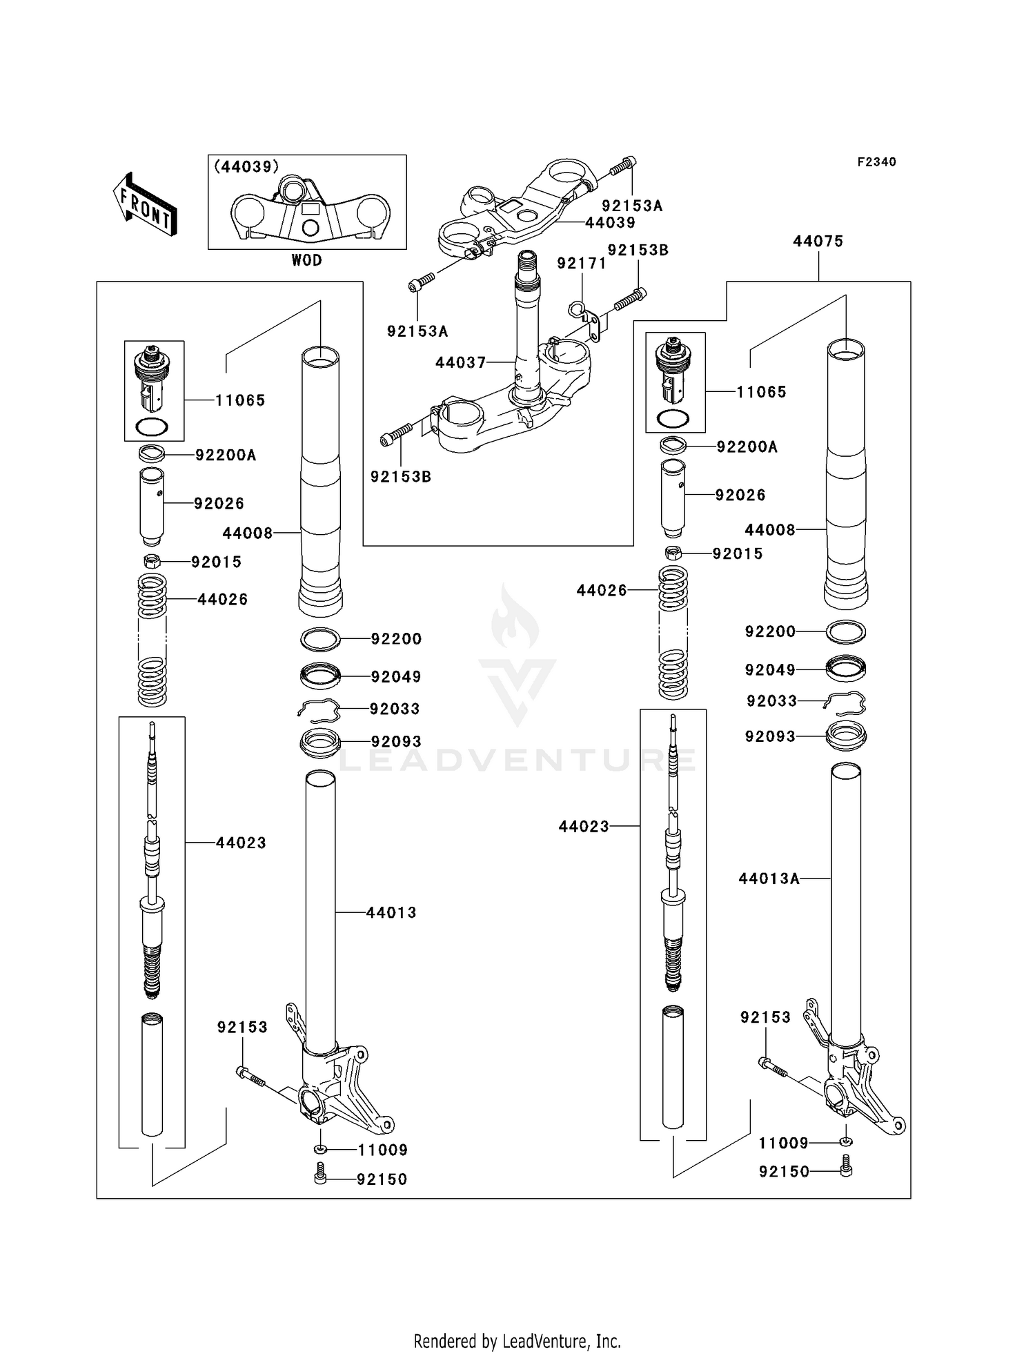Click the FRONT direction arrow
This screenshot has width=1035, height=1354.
click(x=146, y=206)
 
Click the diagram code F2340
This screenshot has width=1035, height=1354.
click(x=876, y=162)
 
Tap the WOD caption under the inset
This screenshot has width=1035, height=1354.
click(x=306, y=260)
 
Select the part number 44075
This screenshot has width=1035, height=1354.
click(x=818, y=242)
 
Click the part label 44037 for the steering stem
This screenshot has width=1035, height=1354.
click(x=460, y=363)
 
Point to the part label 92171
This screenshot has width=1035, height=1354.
click(x=582, y=264)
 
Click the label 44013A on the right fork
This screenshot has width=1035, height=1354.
click(x=769, y=879)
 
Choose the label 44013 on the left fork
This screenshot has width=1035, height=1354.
click(x=391, y=912)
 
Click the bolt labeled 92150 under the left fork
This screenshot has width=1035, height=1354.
click(x=320, y=1173)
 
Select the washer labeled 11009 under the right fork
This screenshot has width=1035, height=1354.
click(x=846, y=1142)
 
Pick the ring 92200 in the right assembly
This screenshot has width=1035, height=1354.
click(x=846, y=631)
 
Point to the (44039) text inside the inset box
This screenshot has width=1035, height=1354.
click(x=246, y=166)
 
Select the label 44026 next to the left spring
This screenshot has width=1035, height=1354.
click(x=222, y=599)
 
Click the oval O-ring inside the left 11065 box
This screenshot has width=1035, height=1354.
click(x=152, y=426)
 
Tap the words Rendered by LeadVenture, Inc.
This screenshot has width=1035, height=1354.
click(x=517, y=1341)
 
